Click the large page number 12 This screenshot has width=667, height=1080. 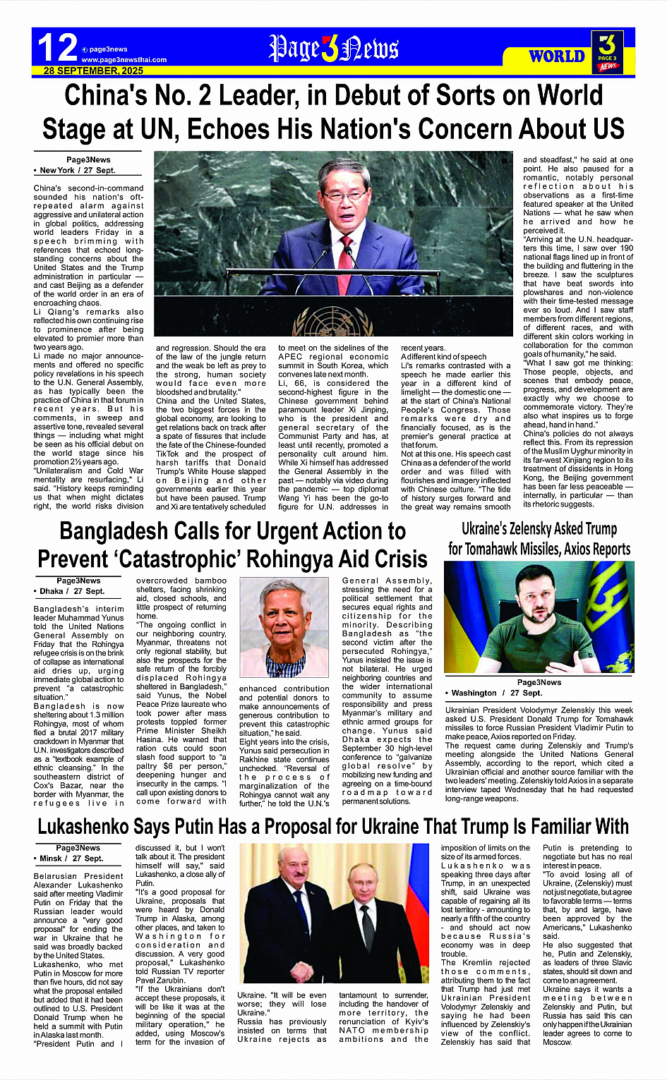click(57, 48)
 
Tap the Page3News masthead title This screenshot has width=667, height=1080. click(333, 49)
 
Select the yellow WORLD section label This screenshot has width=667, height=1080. click(557, 56)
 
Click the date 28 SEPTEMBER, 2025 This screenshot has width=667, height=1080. click(93, 71)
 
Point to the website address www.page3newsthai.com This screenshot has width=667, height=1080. click(124, 60)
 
